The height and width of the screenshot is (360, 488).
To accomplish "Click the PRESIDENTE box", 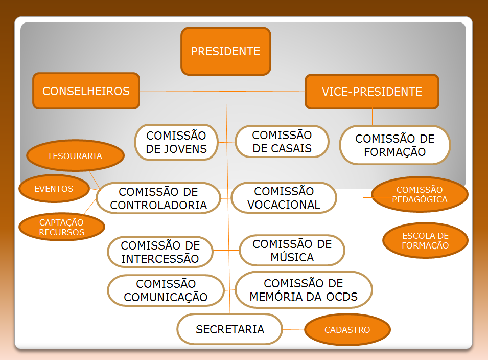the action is (225, 51).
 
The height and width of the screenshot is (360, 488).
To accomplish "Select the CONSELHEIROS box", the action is (86, 91).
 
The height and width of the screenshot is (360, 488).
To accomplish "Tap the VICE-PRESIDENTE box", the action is (371, 92).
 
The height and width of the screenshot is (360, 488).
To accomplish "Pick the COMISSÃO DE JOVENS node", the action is (176, 142).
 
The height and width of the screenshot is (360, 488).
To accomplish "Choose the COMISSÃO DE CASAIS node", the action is (282, 142).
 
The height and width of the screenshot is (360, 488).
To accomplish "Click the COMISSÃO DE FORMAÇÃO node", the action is (394, 145).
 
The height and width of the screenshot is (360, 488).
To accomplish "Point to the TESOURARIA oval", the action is (75, 156).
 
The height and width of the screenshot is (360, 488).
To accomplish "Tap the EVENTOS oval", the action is (54, 189).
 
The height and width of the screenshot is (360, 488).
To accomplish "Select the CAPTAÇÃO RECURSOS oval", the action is (61, 227).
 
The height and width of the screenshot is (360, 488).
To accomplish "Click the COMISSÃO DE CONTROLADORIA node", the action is (158, 198).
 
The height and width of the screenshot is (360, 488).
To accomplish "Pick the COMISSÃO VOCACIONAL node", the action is (284, 198).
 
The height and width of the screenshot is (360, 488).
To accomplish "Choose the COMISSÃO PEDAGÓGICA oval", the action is (420, 195).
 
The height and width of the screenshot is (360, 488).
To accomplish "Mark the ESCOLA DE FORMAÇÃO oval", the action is (425, 241).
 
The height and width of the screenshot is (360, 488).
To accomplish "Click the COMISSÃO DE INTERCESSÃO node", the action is (160, 252).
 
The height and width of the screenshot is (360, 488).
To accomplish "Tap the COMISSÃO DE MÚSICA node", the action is (292, 251).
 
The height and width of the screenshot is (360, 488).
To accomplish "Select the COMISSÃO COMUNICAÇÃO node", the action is (166, 290).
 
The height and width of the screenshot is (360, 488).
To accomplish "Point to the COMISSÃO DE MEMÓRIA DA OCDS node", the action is (304, 290).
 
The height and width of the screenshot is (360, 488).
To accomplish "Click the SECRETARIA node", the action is (230, 329).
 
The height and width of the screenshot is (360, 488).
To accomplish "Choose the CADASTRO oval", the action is (347, 330).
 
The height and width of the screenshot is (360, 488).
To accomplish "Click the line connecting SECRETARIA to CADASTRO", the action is (294, 330).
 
